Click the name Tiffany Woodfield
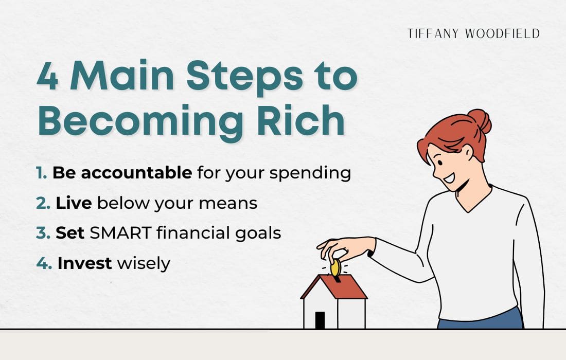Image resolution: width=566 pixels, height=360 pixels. [x=473, y=34]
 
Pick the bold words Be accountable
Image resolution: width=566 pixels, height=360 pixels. [x=122, y=173]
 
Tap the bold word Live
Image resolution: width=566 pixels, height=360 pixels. [x=74, y=203]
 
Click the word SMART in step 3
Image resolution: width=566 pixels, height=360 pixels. [x=121, y=233]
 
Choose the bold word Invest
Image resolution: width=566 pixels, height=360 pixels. [x=84, y=263]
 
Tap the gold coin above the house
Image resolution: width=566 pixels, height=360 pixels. [x=335, y=267]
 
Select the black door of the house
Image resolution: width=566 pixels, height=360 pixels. [x=320, y=320]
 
